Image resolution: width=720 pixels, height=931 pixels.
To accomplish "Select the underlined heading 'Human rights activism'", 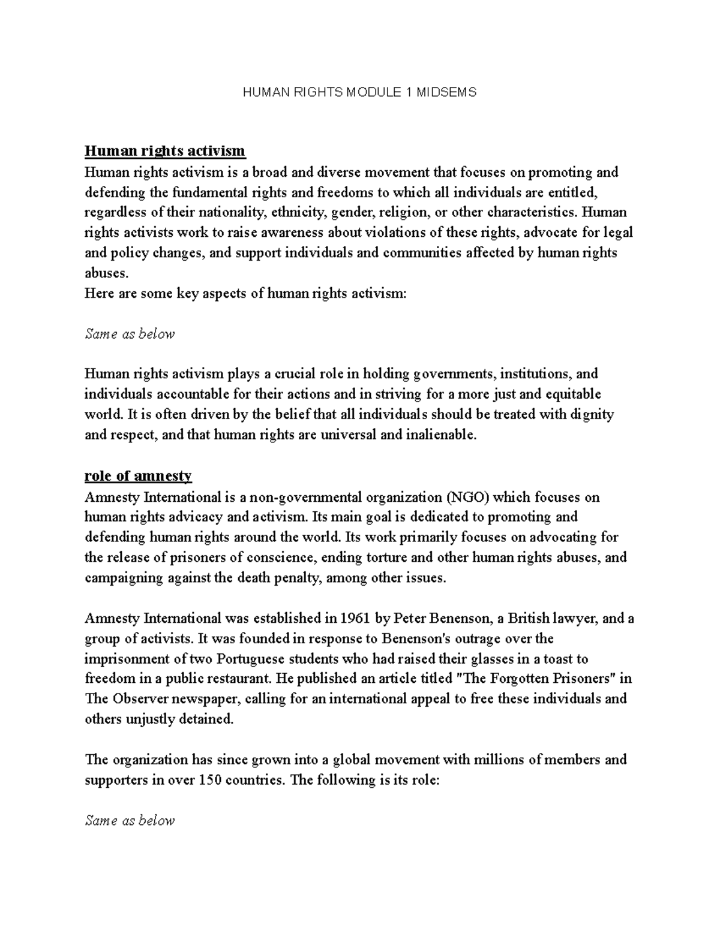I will click(x=165, y=150).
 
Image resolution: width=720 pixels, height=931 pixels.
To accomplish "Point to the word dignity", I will click(x=591, y=414).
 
